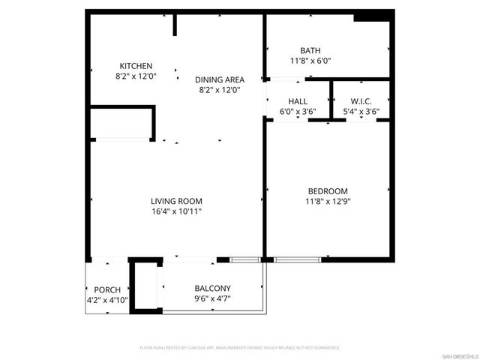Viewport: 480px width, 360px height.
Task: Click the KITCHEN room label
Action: [135, 66]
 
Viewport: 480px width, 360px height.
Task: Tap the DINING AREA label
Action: [219, 79]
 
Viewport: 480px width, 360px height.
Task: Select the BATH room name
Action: [310, 50]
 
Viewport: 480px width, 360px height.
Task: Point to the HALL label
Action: [298, 101]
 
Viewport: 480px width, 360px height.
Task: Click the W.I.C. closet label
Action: [361, 101]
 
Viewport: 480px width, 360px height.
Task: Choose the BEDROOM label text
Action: [328, 190]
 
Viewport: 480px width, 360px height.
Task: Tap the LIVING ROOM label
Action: [176, 201]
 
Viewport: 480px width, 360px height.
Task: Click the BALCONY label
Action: [213, 288]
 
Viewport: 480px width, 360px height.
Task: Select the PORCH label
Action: [107, 289]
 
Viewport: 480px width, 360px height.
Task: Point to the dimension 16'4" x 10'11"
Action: [176, 211]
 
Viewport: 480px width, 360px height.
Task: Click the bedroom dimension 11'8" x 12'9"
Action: [328, 201]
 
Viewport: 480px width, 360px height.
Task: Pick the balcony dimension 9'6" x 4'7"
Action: [213, 298]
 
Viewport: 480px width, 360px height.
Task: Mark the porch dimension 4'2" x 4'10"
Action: [107, 300]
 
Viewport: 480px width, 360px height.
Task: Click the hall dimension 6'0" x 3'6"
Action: [298, 112]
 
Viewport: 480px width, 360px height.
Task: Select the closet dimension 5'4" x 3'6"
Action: [361, 112]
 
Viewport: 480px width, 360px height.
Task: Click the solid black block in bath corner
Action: [372, 17]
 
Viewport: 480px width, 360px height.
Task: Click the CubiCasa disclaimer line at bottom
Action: [240, 348]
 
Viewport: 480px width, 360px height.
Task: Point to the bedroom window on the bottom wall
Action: [296, 259]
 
